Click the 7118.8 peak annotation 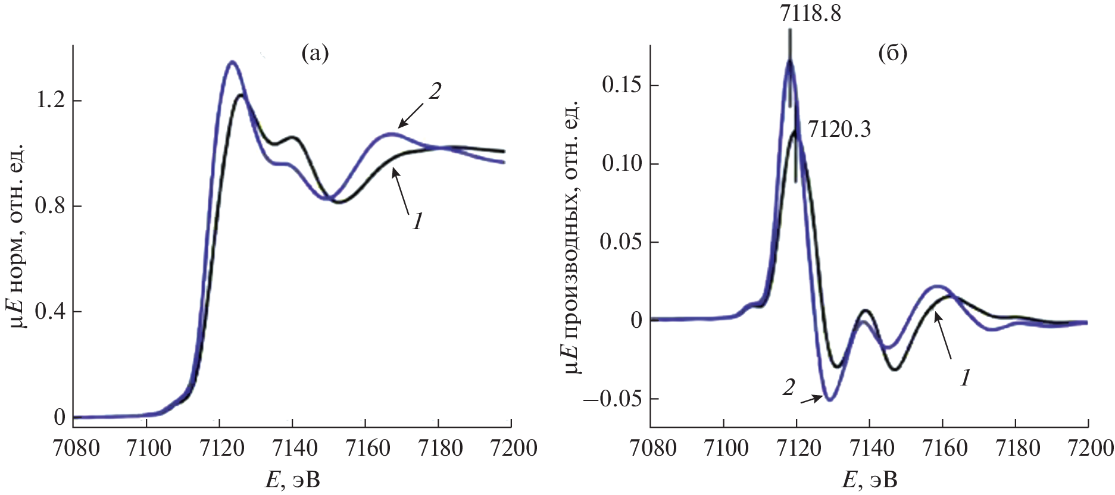810,13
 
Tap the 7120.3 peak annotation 839,129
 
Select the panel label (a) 315,54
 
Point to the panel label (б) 893,54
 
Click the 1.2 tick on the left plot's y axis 51,100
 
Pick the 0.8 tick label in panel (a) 51,206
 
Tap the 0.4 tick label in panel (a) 51,311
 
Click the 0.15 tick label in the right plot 622,85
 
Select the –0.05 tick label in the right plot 613,399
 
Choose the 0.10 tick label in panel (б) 622,164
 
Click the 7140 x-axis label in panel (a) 292,448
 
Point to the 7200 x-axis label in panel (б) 1089,448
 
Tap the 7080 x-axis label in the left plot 76,448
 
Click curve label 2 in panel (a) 435,92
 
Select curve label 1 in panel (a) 417,221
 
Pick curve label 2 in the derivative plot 788,388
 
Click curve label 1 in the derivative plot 965,377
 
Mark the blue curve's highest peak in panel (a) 232,61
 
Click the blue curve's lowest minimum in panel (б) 829,400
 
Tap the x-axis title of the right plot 869,480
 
